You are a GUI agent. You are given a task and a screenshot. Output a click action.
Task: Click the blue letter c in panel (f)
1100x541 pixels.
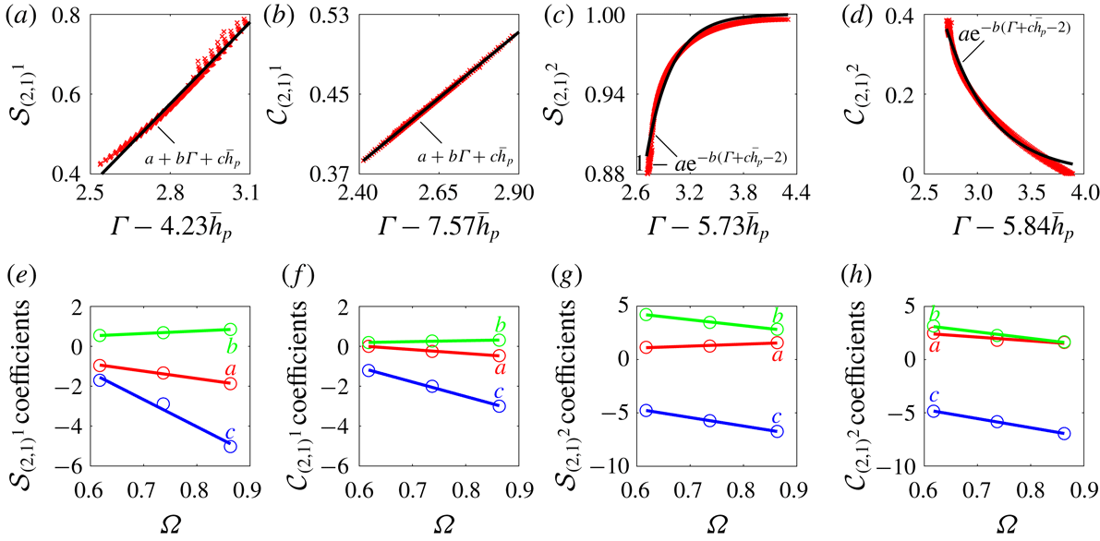[499, 391]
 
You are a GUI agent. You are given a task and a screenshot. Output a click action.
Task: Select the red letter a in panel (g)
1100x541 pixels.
[778, 355]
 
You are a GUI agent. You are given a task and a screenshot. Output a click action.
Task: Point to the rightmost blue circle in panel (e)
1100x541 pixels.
[230, 446]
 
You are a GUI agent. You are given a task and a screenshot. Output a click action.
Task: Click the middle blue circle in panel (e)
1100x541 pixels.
[163, 404]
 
